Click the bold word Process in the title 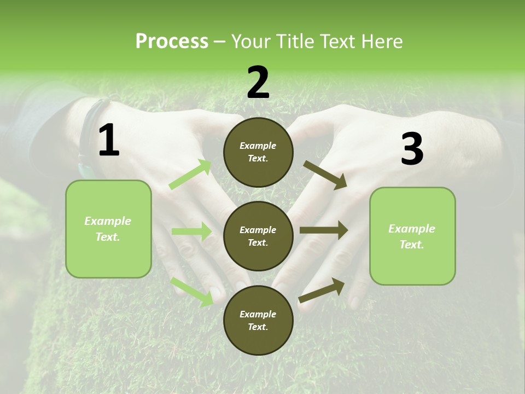[x=172, y=42]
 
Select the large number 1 [x=109, y=141]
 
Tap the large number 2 [x=258, y=83]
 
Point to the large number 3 [x=412, y=149]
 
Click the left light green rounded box [x=108, y=229]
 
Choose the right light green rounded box [x=412, y=236]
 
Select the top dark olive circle [x=258, y=152]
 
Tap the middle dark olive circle [x=258, y=236]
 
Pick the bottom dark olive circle [x=258, y=320]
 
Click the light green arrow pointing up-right [x=190, y=175]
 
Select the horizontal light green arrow [x=191, y=231]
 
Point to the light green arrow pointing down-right [x=192, y=291]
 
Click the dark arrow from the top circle [x=325, y=175]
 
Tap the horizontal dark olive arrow [x=323, y=230]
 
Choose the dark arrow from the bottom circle [x=322, y=290]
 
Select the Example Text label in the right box [x=412, y=236]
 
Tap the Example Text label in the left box [x=108, y=229]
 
